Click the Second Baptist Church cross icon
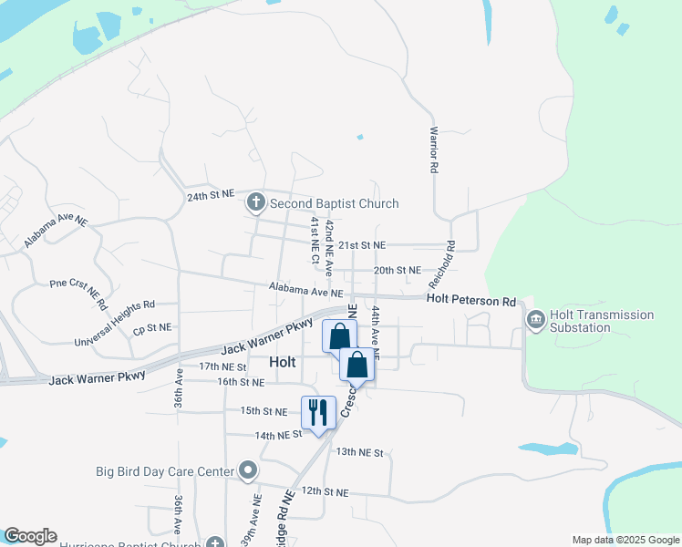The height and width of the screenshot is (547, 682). tap(255, 202)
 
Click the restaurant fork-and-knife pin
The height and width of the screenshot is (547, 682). tap(318, 412)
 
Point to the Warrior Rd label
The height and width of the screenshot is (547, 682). tap(435, 150)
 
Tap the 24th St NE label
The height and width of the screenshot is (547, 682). tap(210, 196)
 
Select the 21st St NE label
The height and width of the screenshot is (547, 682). tap(362, 245)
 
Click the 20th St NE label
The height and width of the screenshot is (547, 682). tap(398, 270)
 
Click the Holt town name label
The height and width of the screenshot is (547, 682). tap(283, 362)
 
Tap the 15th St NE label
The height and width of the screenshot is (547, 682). tap(263, 411)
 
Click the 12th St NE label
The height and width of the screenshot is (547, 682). tap(325, 491)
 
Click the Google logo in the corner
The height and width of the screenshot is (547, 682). tap(30, 536)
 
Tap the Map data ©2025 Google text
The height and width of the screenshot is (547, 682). tap(625, 540)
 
